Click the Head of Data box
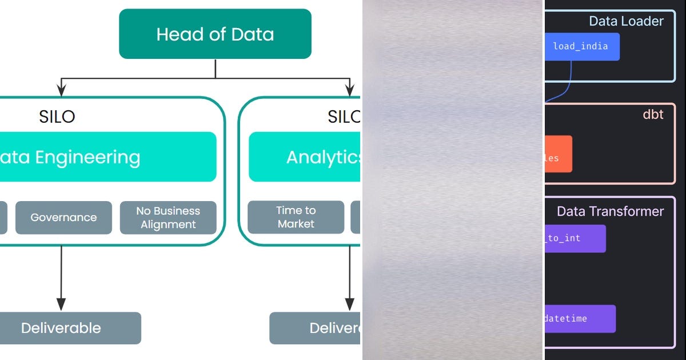tap(215, 34)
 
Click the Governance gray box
tap(63, 217)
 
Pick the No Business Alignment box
tap(168, 217)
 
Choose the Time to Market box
tap(296, 217)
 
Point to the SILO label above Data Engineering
tap(57, 117)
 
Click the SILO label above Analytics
tap(344, 117)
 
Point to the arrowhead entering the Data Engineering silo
tap(62, 90)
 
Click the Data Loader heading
tap(626, 22)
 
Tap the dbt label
tap(653, 114)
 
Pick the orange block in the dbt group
tap(558, 154)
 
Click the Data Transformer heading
tap(610, 211)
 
